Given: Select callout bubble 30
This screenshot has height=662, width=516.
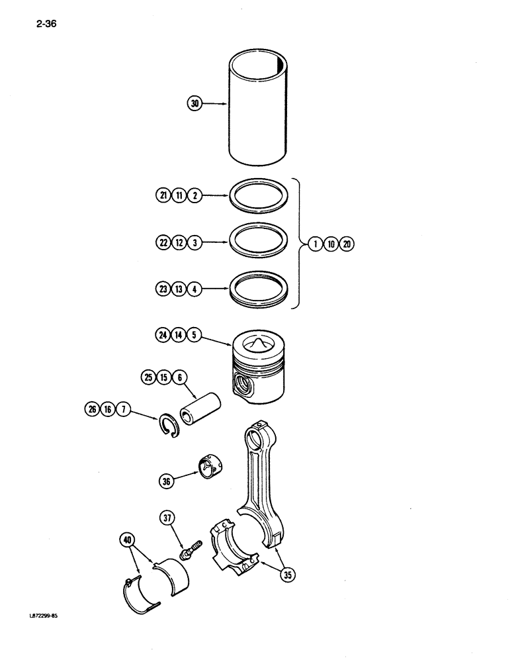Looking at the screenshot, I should click(x=194, y=103).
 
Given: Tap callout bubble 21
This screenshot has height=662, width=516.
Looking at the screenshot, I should click(x=163, y=195).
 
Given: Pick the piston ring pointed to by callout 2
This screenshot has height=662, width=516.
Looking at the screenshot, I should click(x=258, y=197).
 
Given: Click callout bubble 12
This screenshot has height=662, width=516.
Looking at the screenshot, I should click(x=179, y=243).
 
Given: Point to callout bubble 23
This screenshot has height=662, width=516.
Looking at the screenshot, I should click(x=163, y=289).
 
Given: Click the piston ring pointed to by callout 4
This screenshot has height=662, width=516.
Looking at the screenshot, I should click(x=258, y=291).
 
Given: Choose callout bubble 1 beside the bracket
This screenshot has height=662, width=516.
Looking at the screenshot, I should click(x=316, y=244).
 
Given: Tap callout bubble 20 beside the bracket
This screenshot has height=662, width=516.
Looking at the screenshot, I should click(x=347, y=244).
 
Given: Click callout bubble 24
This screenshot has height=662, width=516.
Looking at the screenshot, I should click(x=163, y=335).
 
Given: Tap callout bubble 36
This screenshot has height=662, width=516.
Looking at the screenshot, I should click(x=166, y=481).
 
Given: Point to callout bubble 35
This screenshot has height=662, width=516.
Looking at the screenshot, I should click(x=288, y=575).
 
